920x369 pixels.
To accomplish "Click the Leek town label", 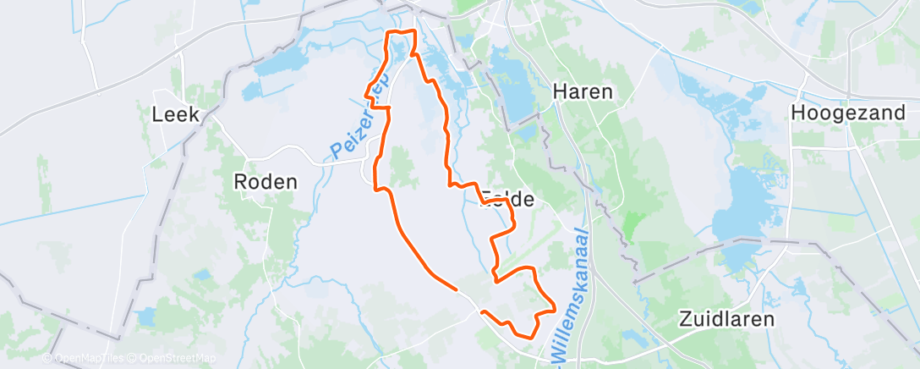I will pos(176,114).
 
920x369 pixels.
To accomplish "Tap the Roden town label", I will pos(266,182).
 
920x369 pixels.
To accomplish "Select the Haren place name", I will pos(582,91).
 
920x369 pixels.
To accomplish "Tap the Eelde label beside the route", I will pos(507,201).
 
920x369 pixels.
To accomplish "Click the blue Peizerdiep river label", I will pos(356,127).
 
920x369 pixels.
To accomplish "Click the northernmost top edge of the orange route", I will pos(402,31).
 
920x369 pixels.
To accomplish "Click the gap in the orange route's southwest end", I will pos(470,301).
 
